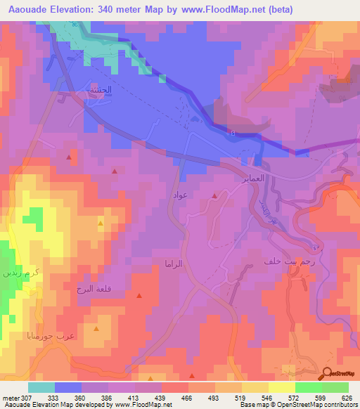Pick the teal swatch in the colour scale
(41, 387)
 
